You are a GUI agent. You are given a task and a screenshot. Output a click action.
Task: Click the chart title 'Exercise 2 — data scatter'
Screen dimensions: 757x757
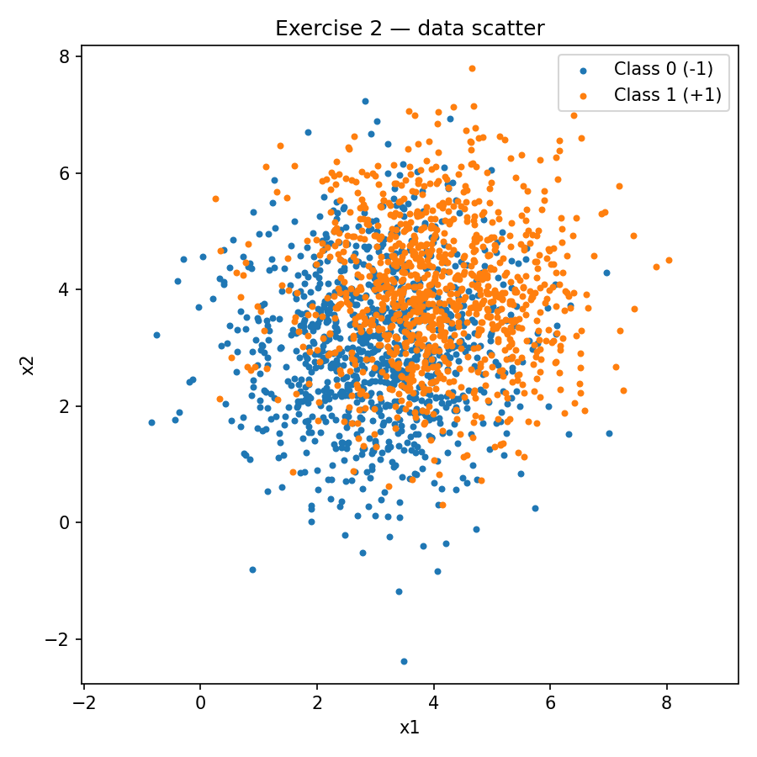[410, 29]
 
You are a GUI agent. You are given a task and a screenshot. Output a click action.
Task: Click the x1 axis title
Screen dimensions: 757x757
[410, 728]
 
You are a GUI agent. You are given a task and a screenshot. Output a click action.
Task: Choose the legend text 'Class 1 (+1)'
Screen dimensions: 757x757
[667, 95]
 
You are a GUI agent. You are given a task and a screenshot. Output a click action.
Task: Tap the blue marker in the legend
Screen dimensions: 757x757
[584, 69]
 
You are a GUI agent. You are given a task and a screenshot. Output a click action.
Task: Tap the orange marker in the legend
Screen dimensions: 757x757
[584, 95]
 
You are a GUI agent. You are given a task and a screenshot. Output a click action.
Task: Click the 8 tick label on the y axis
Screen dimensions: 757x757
[64, 56]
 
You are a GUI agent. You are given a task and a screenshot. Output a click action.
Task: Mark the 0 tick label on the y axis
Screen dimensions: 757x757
[64, 522]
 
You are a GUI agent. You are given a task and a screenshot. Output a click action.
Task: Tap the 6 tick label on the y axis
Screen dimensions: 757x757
[64, 173]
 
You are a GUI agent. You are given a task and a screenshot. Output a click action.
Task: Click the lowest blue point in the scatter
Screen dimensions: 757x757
[404, 661]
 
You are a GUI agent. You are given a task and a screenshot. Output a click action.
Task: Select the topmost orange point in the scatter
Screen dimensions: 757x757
[472, 68]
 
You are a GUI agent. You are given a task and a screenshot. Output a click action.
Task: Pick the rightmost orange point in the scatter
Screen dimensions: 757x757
[669, 260]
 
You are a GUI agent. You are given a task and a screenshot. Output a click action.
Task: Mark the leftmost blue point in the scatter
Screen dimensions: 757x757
[151, 422]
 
